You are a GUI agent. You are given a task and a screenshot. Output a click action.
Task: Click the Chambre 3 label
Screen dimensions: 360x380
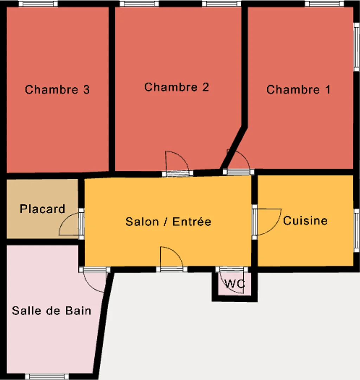(57, 89)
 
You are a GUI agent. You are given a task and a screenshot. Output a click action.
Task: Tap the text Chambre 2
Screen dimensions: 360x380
(176, 87)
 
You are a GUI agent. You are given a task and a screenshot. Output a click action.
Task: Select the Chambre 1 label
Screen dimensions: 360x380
(298, 89)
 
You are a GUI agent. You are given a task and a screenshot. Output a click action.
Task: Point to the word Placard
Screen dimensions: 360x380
(43, 209)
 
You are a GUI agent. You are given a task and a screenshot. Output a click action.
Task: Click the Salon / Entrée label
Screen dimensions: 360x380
(168, 222)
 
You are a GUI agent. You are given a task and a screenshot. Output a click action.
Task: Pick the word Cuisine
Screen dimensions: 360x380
(305, 221)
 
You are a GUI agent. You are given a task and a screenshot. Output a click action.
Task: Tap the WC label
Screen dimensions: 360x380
(234, 284)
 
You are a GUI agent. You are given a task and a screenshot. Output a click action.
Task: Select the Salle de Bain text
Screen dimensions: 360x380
(52, 311)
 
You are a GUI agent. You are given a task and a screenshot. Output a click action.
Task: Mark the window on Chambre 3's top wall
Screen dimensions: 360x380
(38, 4)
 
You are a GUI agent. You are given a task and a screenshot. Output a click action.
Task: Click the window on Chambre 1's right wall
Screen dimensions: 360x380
(356, 47)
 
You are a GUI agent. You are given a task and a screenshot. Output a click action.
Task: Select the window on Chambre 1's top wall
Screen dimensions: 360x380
(324, 4)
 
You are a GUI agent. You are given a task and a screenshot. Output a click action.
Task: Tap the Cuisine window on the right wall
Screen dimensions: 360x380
(356, 230)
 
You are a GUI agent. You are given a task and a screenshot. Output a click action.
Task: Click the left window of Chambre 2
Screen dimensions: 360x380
(139, 4)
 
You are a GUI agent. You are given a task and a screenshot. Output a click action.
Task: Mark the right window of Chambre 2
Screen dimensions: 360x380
(221, 4)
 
